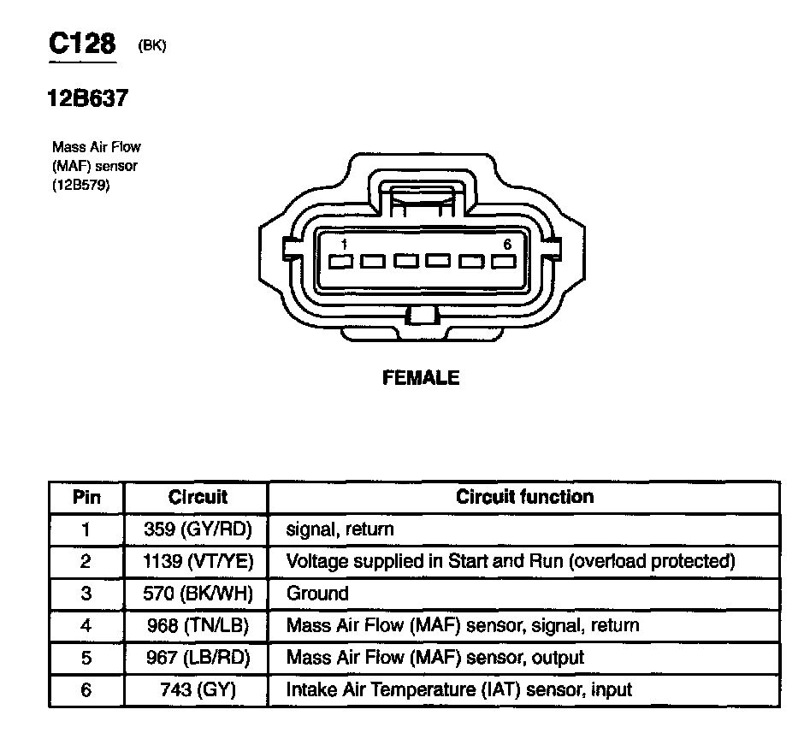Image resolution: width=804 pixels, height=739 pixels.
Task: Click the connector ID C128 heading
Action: click(81, 44)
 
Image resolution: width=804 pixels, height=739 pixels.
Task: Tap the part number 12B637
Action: click(87, 98)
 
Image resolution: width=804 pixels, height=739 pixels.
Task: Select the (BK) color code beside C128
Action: click(151, 47)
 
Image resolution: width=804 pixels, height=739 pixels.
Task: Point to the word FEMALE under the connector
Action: click(421, 378)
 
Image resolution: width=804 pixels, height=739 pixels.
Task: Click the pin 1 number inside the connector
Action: click(343, 245)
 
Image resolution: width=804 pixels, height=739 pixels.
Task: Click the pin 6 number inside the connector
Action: click(507, 245)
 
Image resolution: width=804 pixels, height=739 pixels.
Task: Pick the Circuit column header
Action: click(198, 497)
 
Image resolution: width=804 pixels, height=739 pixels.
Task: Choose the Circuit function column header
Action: click(524, 497)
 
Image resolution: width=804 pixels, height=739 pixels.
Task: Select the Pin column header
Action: click(86, 497)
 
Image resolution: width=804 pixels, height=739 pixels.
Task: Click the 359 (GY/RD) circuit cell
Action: click(198, 529)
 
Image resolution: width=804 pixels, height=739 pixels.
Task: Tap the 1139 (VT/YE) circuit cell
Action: click(198, 562)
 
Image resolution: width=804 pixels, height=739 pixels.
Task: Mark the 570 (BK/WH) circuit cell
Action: click(198, 594)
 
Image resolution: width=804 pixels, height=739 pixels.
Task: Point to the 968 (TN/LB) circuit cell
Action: click(198, 626)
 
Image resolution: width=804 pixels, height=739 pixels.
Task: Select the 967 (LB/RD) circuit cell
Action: click(198, 658)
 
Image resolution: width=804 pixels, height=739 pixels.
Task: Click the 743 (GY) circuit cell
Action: click(198, 690)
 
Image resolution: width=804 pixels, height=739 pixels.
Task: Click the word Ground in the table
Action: click(317, 594)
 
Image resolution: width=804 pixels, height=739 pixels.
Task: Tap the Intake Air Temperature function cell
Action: click(459, 690)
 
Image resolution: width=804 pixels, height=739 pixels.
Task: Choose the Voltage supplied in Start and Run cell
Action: click(511, 562)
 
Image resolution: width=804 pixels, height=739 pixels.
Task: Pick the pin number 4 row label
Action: click(86, 626)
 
